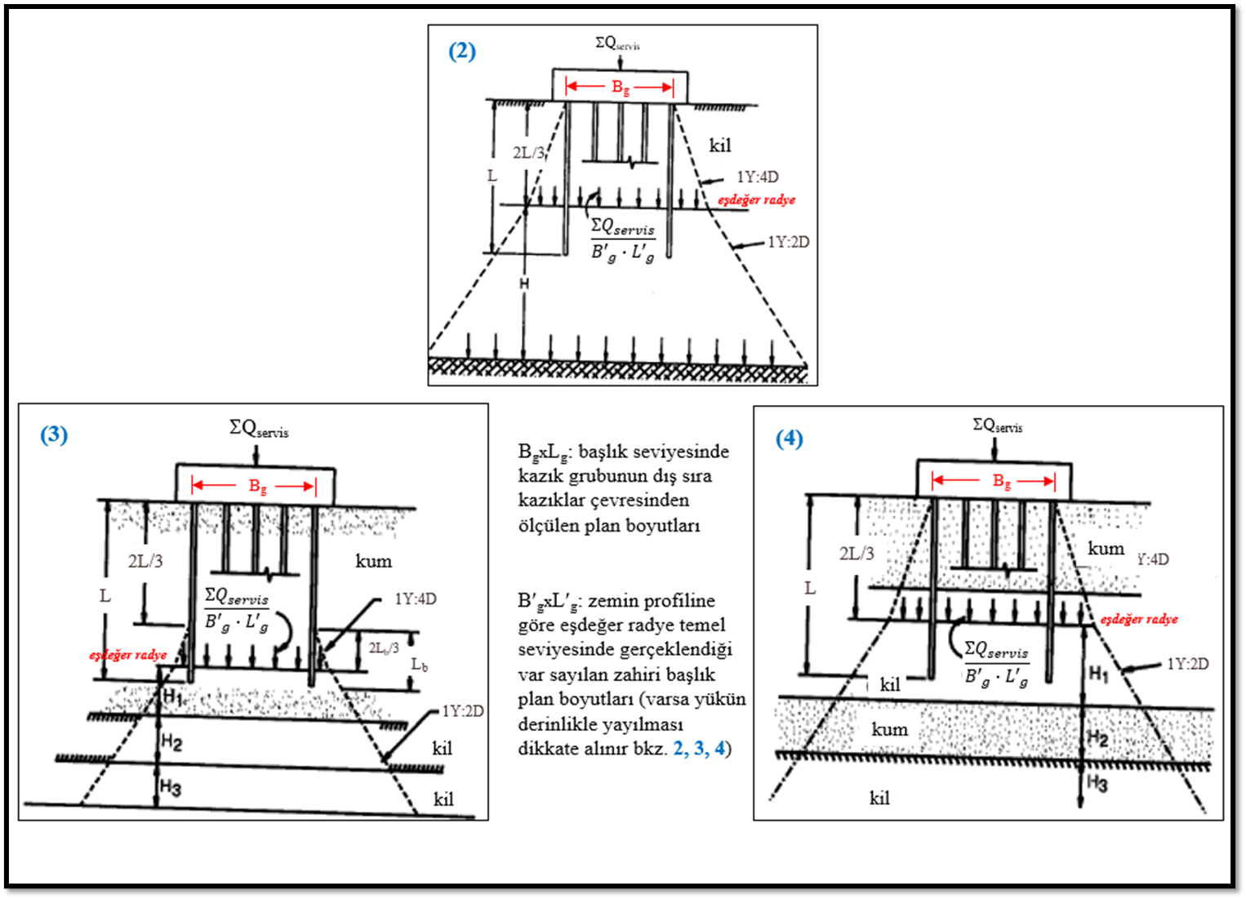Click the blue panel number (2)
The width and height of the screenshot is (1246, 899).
point(462,51)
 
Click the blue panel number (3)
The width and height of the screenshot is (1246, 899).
point(54,434)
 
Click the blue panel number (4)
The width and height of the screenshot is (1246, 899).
point(789,439)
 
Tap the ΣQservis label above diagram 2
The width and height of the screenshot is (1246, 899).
point(617,42)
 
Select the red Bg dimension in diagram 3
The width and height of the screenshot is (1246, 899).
point(257,487)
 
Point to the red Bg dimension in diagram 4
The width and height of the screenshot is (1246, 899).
point(1001,482)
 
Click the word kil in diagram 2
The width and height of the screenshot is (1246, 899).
point(720,145)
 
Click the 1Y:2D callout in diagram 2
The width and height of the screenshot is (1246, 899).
point(788,243)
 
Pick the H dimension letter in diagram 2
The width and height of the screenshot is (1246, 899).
point(524,284)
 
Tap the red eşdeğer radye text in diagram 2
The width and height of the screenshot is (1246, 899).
point(756,200)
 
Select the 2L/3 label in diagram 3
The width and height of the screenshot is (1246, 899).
point(145,561)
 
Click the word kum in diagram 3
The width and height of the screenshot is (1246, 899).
point(373,561)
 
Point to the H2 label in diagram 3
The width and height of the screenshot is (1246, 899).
point(171,742)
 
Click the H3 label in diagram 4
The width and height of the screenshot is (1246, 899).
point(1098,784)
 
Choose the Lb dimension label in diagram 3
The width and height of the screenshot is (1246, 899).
point(419,665)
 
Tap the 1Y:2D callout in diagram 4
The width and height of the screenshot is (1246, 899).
point(1187,664)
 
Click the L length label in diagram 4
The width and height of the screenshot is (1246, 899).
point(809,588)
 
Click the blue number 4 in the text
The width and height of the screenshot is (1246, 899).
point(719,749)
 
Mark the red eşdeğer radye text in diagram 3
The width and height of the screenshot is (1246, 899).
point(128,655)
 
